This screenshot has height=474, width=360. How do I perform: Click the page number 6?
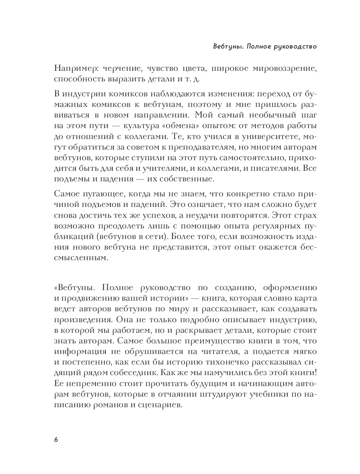click(56, 439)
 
